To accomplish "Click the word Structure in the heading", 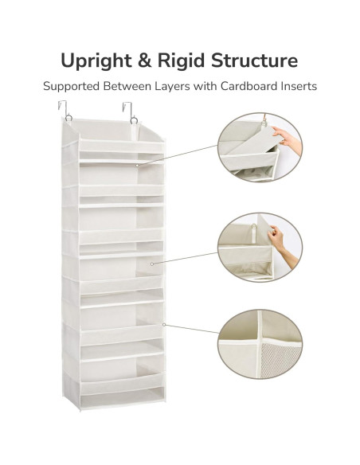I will point(259,61).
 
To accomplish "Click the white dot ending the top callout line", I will point(137,165).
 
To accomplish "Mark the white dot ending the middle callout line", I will point(151,262).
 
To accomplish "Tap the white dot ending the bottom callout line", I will point(162,324).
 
